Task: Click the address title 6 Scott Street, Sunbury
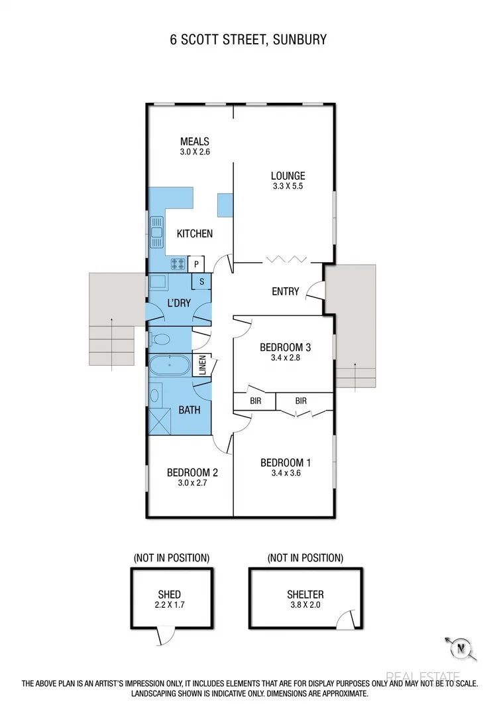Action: (248, 40)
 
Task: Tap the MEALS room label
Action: (195, 141)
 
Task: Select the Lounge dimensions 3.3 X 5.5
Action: (288, 187)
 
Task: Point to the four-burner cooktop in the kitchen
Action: (178, 264)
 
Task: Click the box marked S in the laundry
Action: (201, 282)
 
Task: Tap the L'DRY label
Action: (179, 303)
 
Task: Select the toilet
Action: (160, 340)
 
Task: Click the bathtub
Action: (170, 366)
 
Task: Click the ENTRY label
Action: (285, 291)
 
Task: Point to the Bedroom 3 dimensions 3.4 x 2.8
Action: (286, 358)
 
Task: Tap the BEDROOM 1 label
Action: (285, 462)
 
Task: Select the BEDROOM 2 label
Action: (192, 472)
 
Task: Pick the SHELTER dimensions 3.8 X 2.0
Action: (305, 605)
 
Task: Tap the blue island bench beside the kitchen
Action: (225, 204)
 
